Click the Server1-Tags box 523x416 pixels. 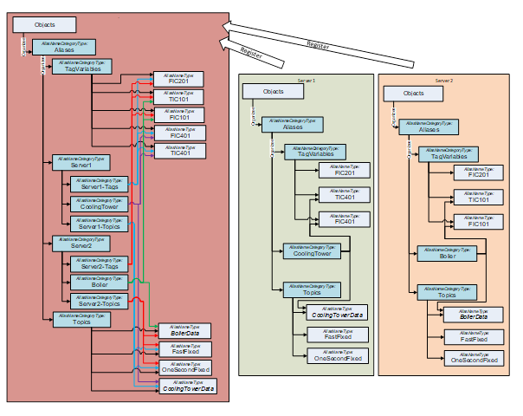[x=100, y=185]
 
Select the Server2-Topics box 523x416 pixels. [x=100, y=301]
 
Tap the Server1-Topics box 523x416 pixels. [x=100, y=224]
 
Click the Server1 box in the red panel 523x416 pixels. [x=81, y=162]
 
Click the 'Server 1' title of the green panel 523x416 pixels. [x=306, y=79]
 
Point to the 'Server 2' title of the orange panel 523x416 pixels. [x=444, y=79]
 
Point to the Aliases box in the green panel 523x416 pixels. [x=293, y=125]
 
